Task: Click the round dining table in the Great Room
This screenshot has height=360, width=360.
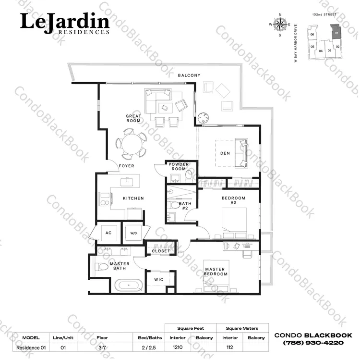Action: (x=132, y=144)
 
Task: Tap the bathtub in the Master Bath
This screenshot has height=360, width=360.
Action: (x=129, y=285)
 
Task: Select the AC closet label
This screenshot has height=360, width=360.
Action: (x=108, y=233)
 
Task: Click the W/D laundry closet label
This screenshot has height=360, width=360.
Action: (x=133, y=233)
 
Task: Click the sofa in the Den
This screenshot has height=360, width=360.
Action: (x=241, y=153)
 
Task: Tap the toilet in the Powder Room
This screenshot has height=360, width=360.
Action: (x=189, y=177)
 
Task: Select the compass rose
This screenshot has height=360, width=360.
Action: (x=280, y=25)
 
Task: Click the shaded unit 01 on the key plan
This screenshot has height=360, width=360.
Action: (x=336, y=32)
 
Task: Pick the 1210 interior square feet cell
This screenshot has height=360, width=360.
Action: (x=178, y=347)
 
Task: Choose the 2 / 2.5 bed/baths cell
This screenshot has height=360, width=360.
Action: (x=149, y=348)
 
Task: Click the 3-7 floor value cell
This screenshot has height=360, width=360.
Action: (x=102, y=348)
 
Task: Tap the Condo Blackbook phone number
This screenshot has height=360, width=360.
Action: (x=313, y=343)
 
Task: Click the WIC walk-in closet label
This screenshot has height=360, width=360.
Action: (x=159, y=280)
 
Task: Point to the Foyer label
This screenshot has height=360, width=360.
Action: (x=127, y=166)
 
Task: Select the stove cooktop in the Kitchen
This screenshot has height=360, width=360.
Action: (x=105, y=199)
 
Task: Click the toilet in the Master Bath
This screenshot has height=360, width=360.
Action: (x=101, y=267)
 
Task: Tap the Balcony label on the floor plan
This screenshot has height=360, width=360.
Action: (x=189, y=75)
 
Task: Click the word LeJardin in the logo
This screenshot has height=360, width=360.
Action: (x=65, y=22)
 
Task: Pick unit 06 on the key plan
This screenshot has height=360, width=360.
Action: (x=312, y=35)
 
